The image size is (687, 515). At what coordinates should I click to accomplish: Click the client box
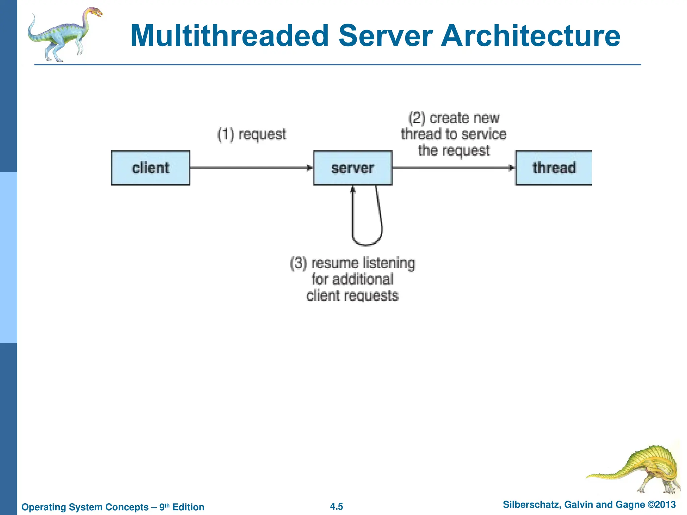click(151, 168)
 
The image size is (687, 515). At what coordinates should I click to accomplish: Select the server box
click(353, 168)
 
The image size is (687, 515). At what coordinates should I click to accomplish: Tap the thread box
click(554, 168)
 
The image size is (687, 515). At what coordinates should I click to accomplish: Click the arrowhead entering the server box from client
click(310, 168)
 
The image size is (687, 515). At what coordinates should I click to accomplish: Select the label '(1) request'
click(252, 134)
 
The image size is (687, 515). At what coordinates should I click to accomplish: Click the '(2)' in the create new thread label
click(417, 118)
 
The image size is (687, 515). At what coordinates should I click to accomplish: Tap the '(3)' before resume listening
click(298, 263)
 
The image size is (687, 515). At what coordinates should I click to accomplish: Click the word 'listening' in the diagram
click(389, 263)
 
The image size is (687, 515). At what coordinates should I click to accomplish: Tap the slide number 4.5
click(336, 506)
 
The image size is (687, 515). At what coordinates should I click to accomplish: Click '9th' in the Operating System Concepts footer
click(164, 507)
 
